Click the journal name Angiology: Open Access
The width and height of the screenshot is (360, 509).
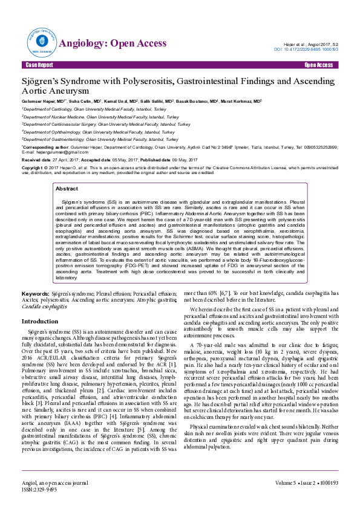[112, 44]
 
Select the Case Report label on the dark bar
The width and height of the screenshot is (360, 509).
[39, 65]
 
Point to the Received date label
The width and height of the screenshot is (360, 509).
[36, 159]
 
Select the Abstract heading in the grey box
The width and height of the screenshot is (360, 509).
[67, 189]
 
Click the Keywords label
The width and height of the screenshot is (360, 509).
[35, 293]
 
